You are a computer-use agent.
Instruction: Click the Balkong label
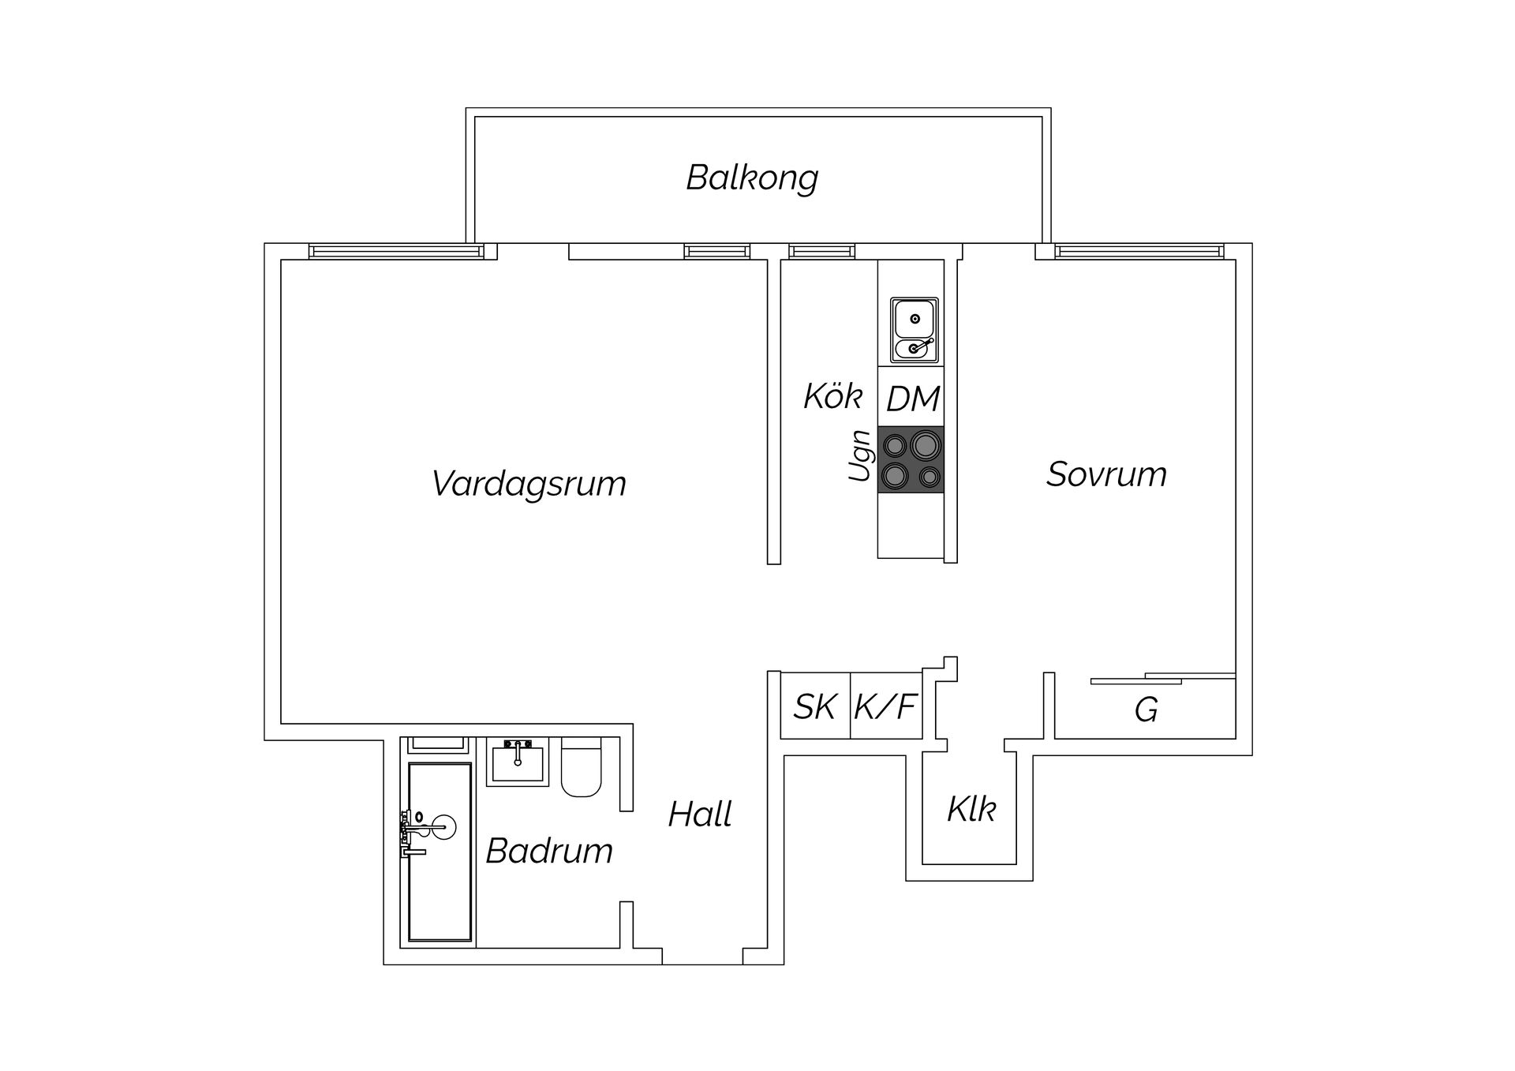point(752,178)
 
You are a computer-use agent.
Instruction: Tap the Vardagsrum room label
point(529,484)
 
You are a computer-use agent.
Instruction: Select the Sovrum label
point(1106,474)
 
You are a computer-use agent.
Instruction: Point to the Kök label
point(832,396)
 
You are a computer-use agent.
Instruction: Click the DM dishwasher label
point(913,399)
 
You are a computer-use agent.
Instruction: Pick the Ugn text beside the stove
point(860,455)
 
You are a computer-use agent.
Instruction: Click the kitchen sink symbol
point(915,330)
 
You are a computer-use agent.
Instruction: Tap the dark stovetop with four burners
point(911,459)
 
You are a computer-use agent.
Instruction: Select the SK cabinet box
point(815,706)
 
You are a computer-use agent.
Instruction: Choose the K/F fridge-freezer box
point(886,706)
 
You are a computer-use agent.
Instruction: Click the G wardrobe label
point(1146,710)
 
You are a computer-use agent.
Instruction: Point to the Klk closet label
point(971,810)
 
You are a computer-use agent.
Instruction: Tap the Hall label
point(700,814)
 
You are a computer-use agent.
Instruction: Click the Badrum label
point(549,851)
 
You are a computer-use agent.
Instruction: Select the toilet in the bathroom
point(582,767)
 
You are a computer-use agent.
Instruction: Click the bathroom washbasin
point(517,762)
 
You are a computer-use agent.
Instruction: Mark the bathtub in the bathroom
point(440,852)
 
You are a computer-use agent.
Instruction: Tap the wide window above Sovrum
point(1139,252)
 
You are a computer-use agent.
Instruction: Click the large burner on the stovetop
point(926,446)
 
